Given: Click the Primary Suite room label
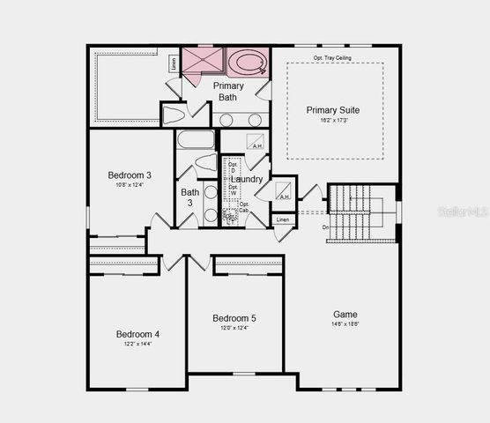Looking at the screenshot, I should point(332,110).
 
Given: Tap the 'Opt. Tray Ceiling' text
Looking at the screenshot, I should point(334,58).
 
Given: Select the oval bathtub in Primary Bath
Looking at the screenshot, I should point(247,63).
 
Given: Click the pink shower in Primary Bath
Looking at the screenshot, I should point(203,62).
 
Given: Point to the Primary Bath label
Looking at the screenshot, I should point(227,92).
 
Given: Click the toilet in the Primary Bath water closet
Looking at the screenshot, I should point(174,115).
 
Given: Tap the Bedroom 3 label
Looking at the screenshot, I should point(130,174).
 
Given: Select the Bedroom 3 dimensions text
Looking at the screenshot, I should point(130,185).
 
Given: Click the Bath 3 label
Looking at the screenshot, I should point(189,197).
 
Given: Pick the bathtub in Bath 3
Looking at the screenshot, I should point(195,139).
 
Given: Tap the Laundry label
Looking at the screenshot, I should point(247,179).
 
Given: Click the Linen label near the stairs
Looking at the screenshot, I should point(282,219).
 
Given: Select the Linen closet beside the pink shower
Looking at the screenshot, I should point(174,63).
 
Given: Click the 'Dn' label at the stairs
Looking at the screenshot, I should point(325,227).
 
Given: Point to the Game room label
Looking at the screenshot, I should point(345,315).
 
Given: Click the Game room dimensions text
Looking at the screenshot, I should point(345,324).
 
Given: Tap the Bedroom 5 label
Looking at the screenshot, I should point(234,318).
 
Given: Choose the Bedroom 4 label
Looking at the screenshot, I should point(137,334).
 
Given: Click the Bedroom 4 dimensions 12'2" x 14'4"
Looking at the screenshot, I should point(137,345).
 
